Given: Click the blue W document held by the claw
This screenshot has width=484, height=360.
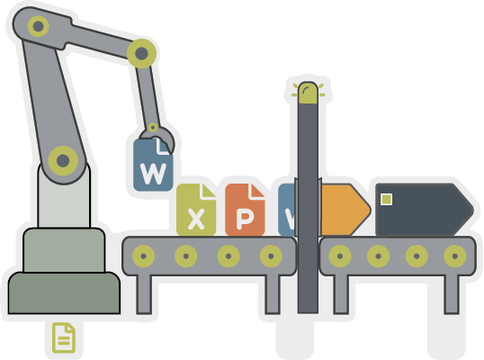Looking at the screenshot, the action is point(153,166).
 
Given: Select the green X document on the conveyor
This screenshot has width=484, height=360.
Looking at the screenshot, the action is point(196,210).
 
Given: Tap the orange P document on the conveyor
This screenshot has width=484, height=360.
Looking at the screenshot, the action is point(245,210).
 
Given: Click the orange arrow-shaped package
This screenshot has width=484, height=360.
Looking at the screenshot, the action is point(345,210).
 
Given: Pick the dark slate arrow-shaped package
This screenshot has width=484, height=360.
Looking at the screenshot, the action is point(425,210).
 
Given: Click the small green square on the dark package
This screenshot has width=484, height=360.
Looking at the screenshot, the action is point(387,199).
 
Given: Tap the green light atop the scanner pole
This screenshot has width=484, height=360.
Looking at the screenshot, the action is point(308,93).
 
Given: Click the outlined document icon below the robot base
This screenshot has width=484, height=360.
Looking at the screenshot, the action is point(64,337).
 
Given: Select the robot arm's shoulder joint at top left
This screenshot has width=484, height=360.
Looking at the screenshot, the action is point(39,26).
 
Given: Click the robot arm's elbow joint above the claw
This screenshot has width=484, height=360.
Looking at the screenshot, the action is point(141,53).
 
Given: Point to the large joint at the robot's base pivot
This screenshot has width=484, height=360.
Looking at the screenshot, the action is point(63,161).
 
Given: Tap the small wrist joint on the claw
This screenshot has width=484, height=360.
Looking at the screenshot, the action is point(153,127).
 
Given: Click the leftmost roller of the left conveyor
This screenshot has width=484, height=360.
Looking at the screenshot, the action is point(144,256).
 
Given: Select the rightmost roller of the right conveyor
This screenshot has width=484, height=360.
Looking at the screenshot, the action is point(455,256).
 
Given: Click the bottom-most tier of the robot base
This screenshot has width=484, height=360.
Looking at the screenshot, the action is point(64,293).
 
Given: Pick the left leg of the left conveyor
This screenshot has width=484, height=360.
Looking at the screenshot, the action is point(144,294).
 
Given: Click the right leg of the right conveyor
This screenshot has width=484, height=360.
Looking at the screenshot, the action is point(452,294).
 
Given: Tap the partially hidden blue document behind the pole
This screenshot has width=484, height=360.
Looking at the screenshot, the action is point(287,210).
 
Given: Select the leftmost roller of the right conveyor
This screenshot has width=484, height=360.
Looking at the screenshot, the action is point(340,256).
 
